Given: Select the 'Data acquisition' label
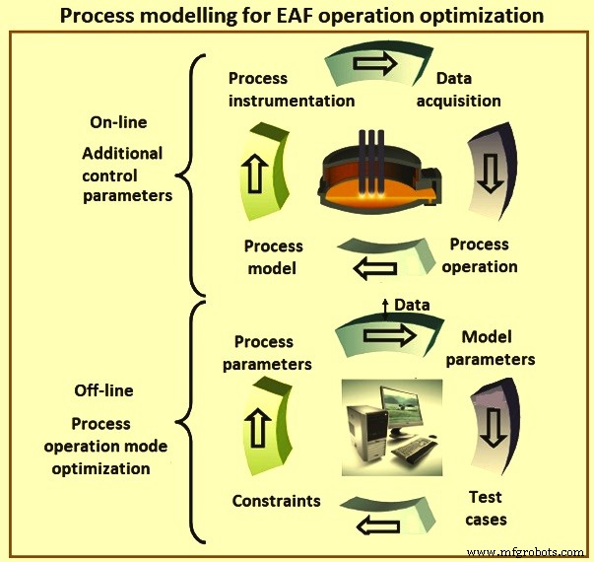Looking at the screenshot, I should coord(468,89).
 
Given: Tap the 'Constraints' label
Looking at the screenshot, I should coord(276,501).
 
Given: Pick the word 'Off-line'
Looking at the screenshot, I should coord(103,390).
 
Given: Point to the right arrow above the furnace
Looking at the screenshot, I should coord(374,64).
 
